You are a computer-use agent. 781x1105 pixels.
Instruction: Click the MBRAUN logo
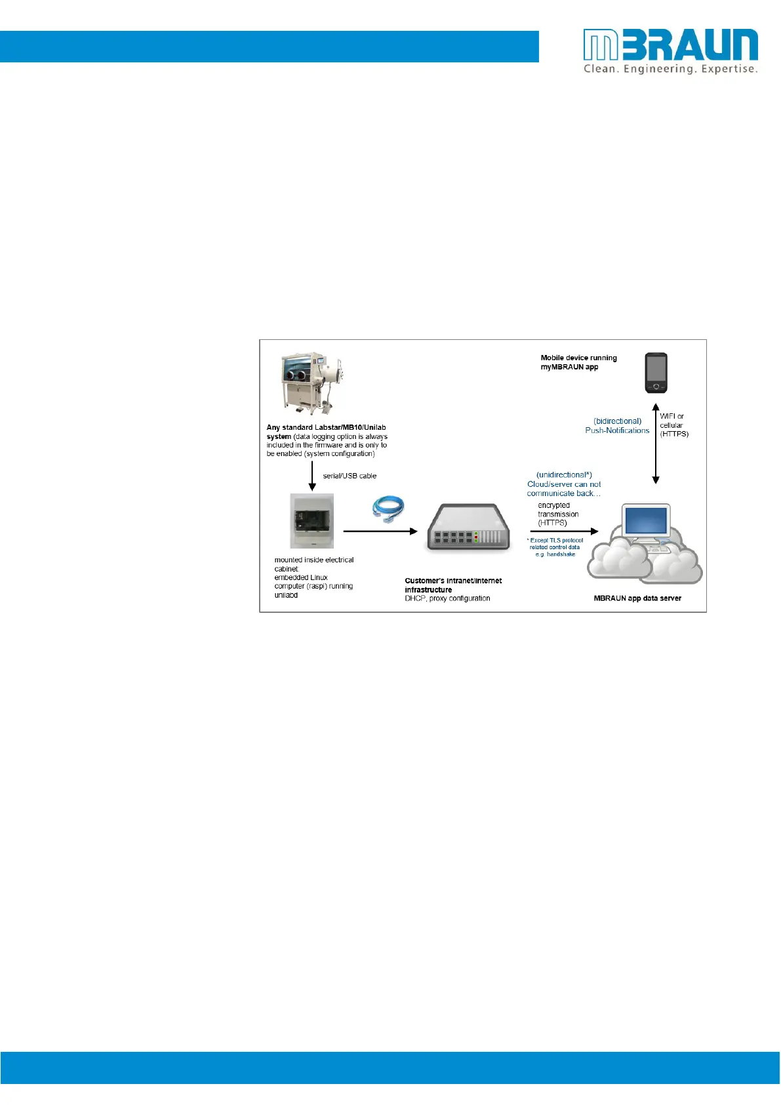[x=670, y=45]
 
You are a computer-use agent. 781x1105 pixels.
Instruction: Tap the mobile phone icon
[x=656, y=373]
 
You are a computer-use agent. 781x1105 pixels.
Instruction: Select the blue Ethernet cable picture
[x=388, y=509]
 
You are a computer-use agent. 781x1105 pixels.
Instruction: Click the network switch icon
[x=468, y=528]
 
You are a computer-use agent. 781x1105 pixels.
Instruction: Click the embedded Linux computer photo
[x=312, y=521]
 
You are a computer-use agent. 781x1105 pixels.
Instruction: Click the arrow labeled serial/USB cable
[x=312, y=476]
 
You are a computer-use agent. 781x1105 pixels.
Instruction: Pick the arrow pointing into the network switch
[x=380, y=531]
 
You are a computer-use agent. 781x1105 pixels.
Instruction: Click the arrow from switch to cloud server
[x=564, y=531]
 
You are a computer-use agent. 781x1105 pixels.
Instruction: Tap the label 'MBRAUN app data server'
[x=637, y=598]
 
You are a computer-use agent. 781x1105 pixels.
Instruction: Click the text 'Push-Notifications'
[x=617, y=430]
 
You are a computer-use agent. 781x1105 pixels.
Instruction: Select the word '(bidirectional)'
[x=618, y=421]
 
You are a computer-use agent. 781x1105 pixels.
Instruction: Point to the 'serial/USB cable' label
[x=350, y=476]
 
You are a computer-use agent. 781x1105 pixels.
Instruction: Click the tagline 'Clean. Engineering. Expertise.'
[x=670, y=69]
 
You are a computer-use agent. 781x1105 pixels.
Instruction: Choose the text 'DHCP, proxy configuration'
[x=447, y=598]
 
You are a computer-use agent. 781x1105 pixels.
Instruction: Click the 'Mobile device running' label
[x=578, y=358]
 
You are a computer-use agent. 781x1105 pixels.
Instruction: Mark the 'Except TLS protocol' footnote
[x=556, y=541]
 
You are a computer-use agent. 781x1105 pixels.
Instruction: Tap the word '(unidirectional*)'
[x=564, y=474]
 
